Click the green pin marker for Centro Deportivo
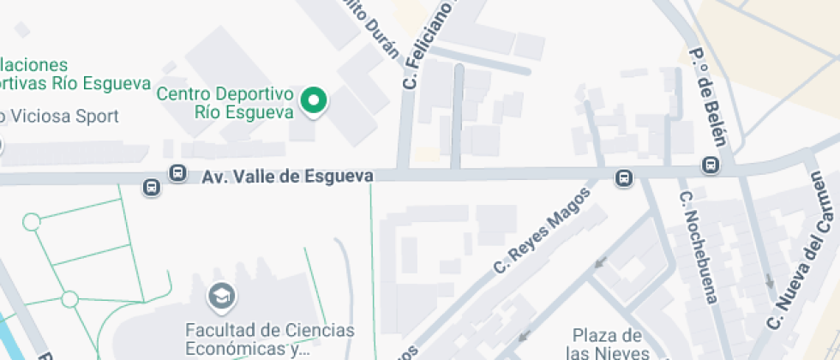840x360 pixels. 314,101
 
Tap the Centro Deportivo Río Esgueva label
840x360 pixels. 225,102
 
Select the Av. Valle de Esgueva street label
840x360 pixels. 288,176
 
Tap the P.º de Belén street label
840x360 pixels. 709,95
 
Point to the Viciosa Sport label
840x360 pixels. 60,116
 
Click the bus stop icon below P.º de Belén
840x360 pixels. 711,165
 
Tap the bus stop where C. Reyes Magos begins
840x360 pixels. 624,178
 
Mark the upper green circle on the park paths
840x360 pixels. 32,223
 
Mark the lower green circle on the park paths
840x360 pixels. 69,299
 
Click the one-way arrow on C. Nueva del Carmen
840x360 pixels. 769,280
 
